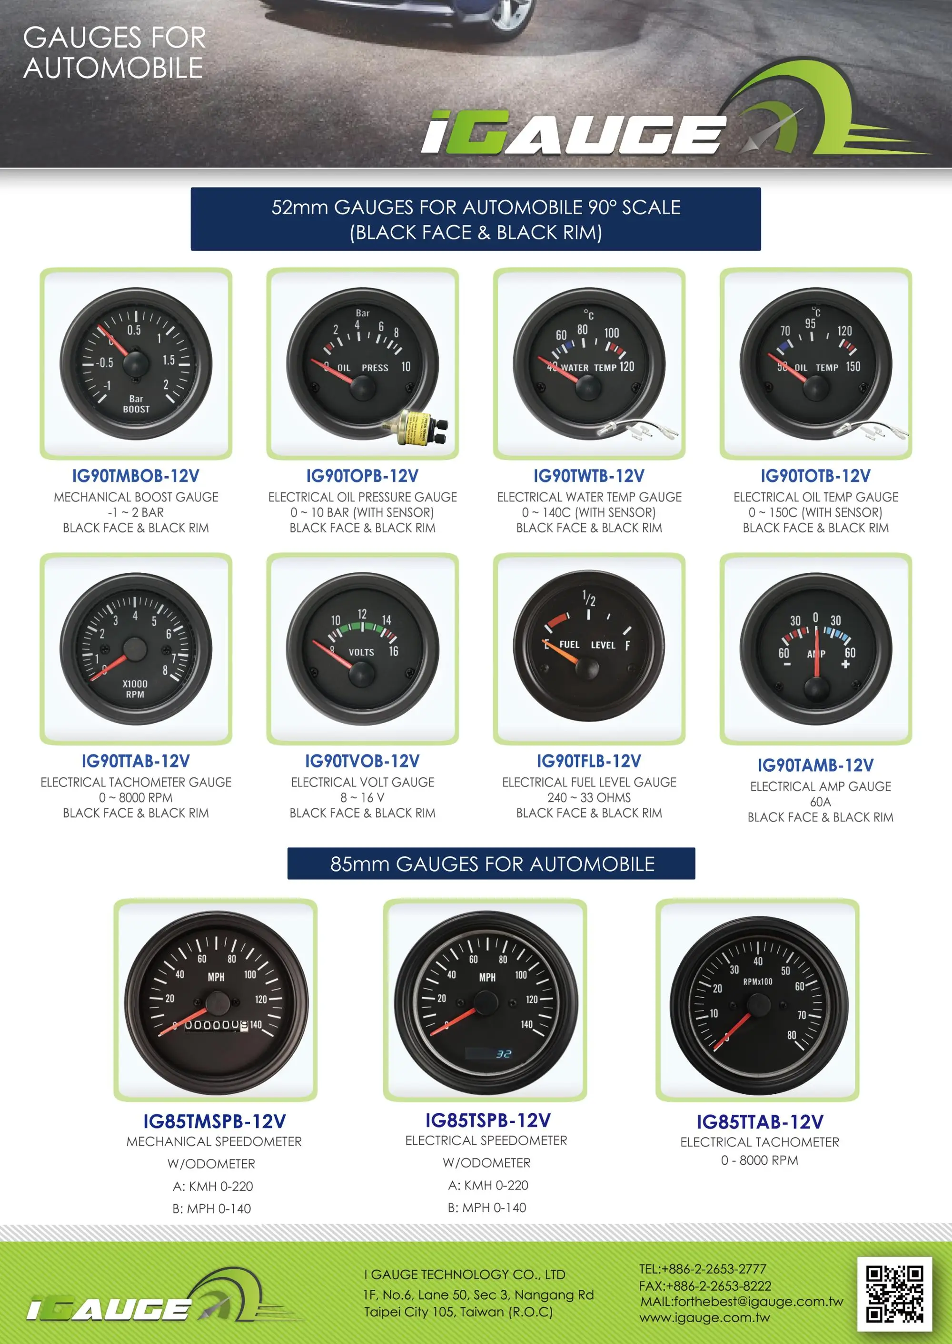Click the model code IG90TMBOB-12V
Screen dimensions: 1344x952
coord(135,476)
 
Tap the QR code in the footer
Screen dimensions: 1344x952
coord(894,1294)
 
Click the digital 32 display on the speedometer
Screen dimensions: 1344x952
coord(503,1054)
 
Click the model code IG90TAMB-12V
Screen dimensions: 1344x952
coord(815,765)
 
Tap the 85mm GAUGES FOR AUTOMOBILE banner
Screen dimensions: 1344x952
coord(491,863)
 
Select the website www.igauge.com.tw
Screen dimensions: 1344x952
coord(704,1318)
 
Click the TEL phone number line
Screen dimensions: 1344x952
coord(702,1269)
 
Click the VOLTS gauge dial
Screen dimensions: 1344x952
coord(362,649)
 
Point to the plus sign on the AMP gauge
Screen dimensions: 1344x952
coord(845,664)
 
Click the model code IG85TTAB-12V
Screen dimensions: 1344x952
coord(760,1122)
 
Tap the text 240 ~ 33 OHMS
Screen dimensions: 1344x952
coord(588,798)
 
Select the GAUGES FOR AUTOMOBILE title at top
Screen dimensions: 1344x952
coord(114,53)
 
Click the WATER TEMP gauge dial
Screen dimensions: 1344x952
coord(588,364)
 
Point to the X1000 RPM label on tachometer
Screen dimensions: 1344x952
coord(135,689)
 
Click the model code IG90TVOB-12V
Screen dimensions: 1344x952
coord(362,761)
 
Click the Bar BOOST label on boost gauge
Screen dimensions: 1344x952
coord(136,403)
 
